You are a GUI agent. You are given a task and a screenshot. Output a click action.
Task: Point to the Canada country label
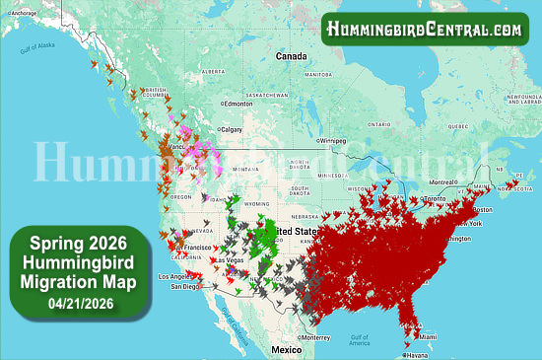(292, 57)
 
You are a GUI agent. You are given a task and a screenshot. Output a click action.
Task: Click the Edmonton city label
(239, 104)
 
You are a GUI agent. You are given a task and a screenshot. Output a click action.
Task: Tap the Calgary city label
(233, 129)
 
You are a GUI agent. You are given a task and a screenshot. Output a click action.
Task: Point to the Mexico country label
(287, 350)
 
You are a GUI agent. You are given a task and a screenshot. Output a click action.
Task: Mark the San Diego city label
(185, 286)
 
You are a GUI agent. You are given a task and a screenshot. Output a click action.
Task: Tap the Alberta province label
(213, 72)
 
